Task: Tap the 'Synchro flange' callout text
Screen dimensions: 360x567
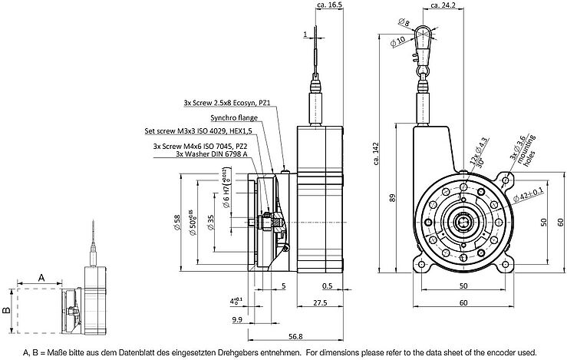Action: [x=234, y=118]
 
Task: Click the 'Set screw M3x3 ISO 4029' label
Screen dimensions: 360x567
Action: [x=198, y=131]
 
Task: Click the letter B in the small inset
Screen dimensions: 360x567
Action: [x=6, y=311]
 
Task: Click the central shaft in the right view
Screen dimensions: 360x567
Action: [x=463, y=223]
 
